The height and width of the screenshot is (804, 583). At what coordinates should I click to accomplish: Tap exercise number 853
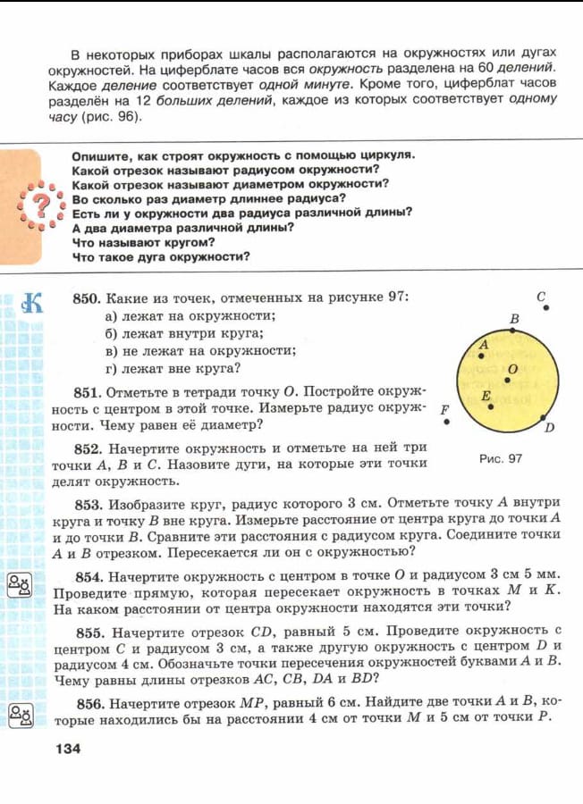click(x=88, y=502)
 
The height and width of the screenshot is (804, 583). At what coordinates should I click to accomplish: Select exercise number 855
click(x=88, y=631)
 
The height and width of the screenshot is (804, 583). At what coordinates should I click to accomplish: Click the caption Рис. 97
click(x=501, y=458)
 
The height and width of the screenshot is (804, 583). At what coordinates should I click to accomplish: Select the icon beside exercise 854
click(x=20, y=585)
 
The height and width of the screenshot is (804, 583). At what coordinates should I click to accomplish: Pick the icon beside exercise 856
click(x=20, y=713)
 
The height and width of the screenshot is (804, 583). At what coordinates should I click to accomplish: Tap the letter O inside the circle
click(x=512, y=369)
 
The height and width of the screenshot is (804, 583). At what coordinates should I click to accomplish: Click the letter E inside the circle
click(x=486, y=395)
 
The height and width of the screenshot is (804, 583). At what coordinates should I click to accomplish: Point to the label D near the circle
click(x=550, y=427)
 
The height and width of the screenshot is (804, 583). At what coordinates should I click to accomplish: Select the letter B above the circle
click(x=514, y=318)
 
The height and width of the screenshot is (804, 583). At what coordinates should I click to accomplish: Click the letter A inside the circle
click(x=484, y=344)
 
